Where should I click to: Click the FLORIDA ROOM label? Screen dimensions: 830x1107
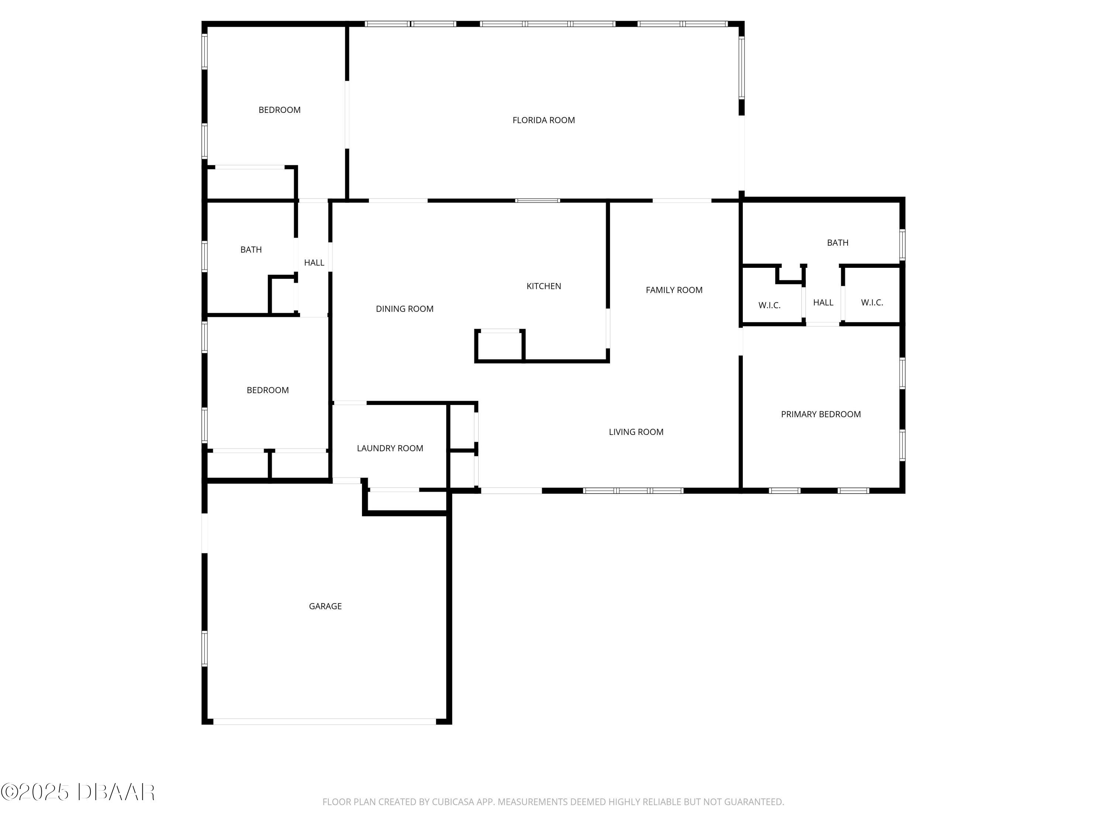(x=544, y=120)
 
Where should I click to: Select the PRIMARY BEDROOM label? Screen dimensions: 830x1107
(x=821, y=414)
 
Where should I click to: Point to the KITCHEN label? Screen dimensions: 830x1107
(x=544, y=286)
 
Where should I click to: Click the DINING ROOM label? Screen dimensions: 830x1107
(x=404, y=309)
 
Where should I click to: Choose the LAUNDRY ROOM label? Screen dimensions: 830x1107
(x=390, y=448)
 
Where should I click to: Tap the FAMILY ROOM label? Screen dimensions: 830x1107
(x=673, y=290)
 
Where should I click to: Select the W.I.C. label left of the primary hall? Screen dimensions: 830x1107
(x=769, y=305)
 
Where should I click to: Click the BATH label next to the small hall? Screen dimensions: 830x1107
(x=251, y=250)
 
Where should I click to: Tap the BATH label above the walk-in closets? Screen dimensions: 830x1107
(x=837, y=243)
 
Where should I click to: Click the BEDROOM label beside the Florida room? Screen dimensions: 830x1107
(x=279, y=110)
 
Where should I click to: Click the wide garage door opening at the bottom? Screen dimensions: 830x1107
(x=324, y=722)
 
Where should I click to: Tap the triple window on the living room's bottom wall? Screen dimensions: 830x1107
(x=633, y=491)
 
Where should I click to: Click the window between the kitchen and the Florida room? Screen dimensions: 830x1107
(x=538, y=201)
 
